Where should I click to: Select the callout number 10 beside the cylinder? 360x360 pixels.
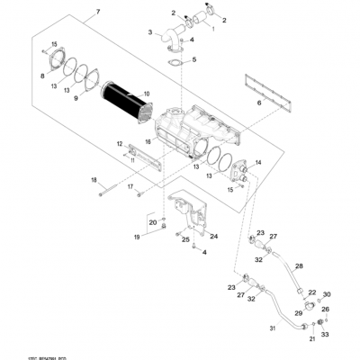coord(148,93)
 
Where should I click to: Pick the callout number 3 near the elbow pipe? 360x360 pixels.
coord(152,32)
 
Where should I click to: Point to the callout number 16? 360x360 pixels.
coord(148,142)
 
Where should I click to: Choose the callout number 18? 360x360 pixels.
coord(93,181)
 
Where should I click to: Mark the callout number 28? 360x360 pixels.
coord(300,266)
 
